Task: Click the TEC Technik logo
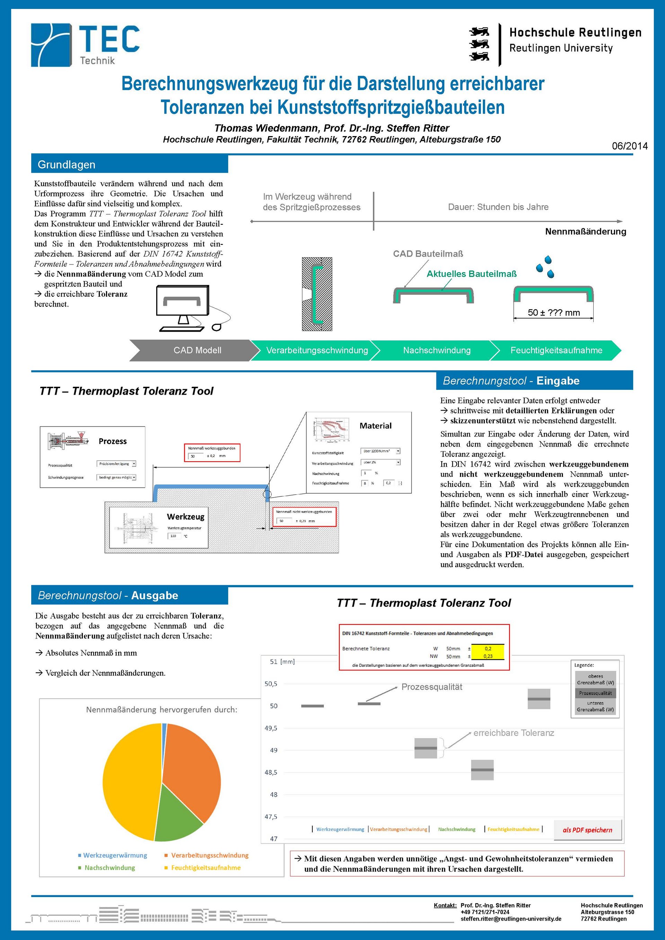(85, 45)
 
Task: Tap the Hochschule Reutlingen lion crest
(479, 44)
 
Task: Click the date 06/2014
(629, 146)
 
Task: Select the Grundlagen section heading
(66, 164)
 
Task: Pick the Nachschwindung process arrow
(436, 350)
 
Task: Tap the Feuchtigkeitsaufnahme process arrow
(556, 350)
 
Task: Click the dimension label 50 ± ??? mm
(553, 313)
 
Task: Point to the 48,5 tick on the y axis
(271, 772)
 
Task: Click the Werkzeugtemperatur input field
(173, 536)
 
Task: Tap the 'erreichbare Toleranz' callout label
(514, 733)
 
